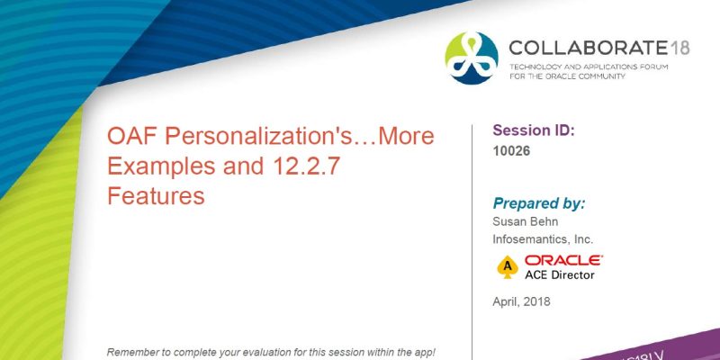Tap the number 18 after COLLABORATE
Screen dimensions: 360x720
[679, 48]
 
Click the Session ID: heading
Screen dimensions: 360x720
[534, 130]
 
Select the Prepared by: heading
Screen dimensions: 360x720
[539, 202]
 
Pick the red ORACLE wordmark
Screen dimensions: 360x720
[564, 260]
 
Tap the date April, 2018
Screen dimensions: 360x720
[522, 301]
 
